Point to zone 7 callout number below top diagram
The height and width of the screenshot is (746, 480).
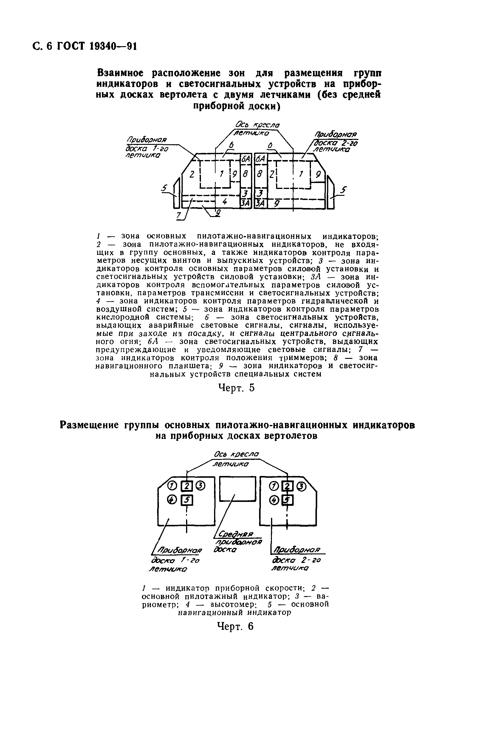[x=179, y=215]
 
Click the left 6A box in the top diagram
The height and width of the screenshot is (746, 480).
[x=246, y=159]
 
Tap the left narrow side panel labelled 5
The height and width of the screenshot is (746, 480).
[x=176, y=193]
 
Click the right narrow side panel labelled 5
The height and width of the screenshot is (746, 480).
[x=331, y=193]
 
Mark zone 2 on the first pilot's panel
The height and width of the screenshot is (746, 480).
[x=192, y=174]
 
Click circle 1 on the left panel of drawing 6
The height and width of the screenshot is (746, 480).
[x=172, y=486]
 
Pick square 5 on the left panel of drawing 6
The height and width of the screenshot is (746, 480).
[x=186, y=500]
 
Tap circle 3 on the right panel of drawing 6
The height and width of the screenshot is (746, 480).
[x=301, y=486]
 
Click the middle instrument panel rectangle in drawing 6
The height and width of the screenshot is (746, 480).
[x=237, y=488]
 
